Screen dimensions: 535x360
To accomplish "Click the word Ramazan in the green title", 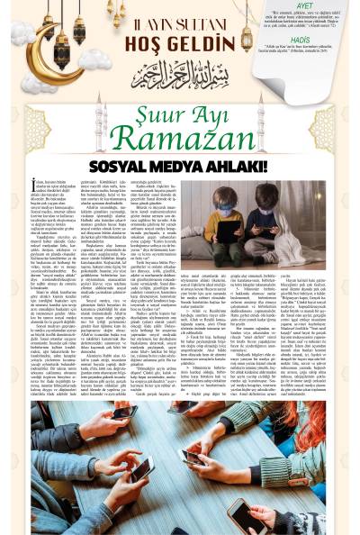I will (180, 143).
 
